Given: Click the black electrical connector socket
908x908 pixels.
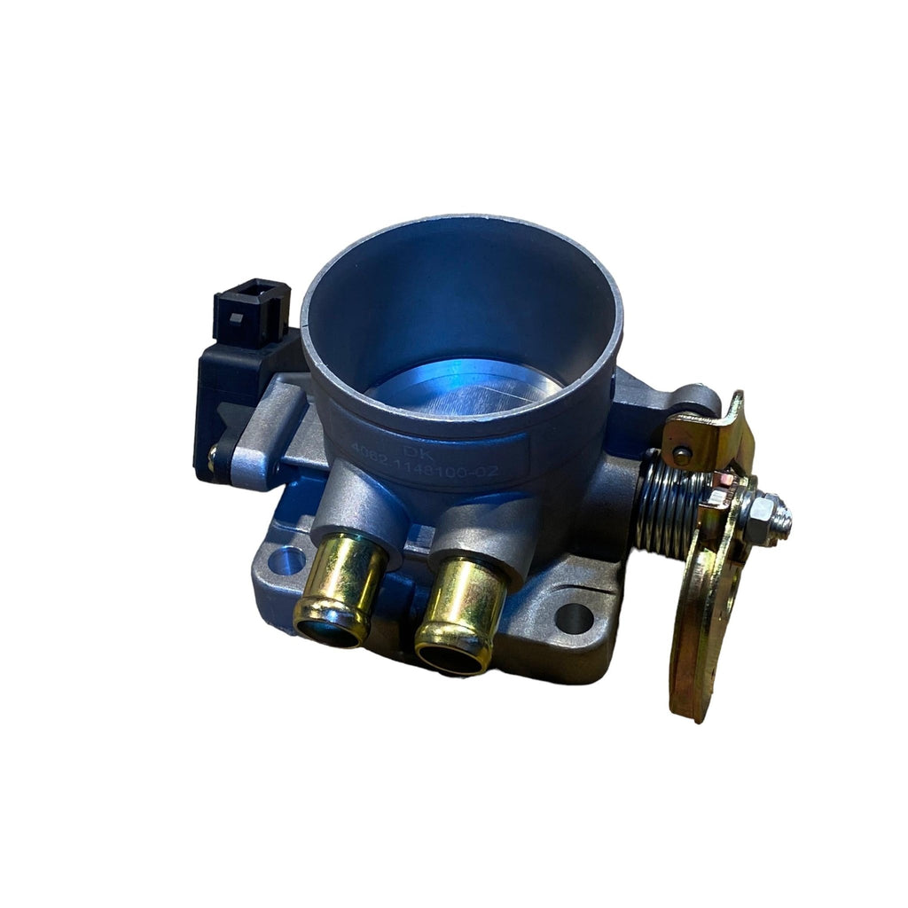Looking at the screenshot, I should coord(251,312).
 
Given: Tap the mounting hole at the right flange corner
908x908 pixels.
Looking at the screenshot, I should coord(573,618).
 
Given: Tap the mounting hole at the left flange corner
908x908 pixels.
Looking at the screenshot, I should coord(286,560).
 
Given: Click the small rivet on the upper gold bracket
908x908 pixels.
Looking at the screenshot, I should coord(681,455).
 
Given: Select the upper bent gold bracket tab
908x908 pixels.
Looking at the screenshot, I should coord(709,434).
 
